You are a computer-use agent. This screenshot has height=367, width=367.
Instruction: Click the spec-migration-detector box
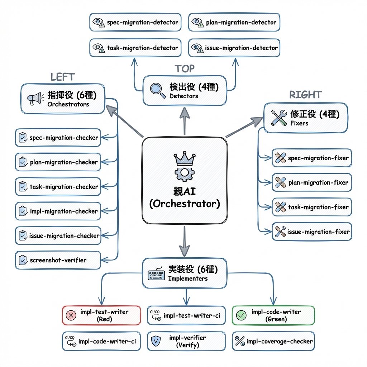(135, 22)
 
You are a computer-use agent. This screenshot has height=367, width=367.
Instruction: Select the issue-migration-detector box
(234, 48)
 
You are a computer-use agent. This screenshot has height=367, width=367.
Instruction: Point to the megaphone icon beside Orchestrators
(35, 99)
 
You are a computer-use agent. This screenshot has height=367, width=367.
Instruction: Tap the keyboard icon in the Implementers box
(156, 275)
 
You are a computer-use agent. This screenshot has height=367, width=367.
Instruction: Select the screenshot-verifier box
(58, 260)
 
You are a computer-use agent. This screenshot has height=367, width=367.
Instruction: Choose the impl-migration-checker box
(58, 211)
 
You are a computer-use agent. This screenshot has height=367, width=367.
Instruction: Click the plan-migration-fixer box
(311, 182)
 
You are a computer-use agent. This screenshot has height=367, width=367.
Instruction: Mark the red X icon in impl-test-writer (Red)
(71, 315)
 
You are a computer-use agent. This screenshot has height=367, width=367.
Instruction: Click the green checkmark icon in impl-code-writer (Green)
(241, 315)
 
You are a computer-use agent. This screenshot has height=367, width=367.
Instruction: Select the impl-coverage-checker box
(273, 341)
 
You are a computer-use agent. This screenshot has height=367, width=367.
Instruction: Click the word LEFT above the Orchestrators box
(62, 77)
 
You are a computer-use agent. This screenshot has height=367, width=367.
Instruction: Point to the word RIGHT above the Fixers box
(305, 95)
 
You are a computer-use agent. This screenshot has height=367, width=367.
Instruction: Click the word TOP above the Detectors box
(185, 68)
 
